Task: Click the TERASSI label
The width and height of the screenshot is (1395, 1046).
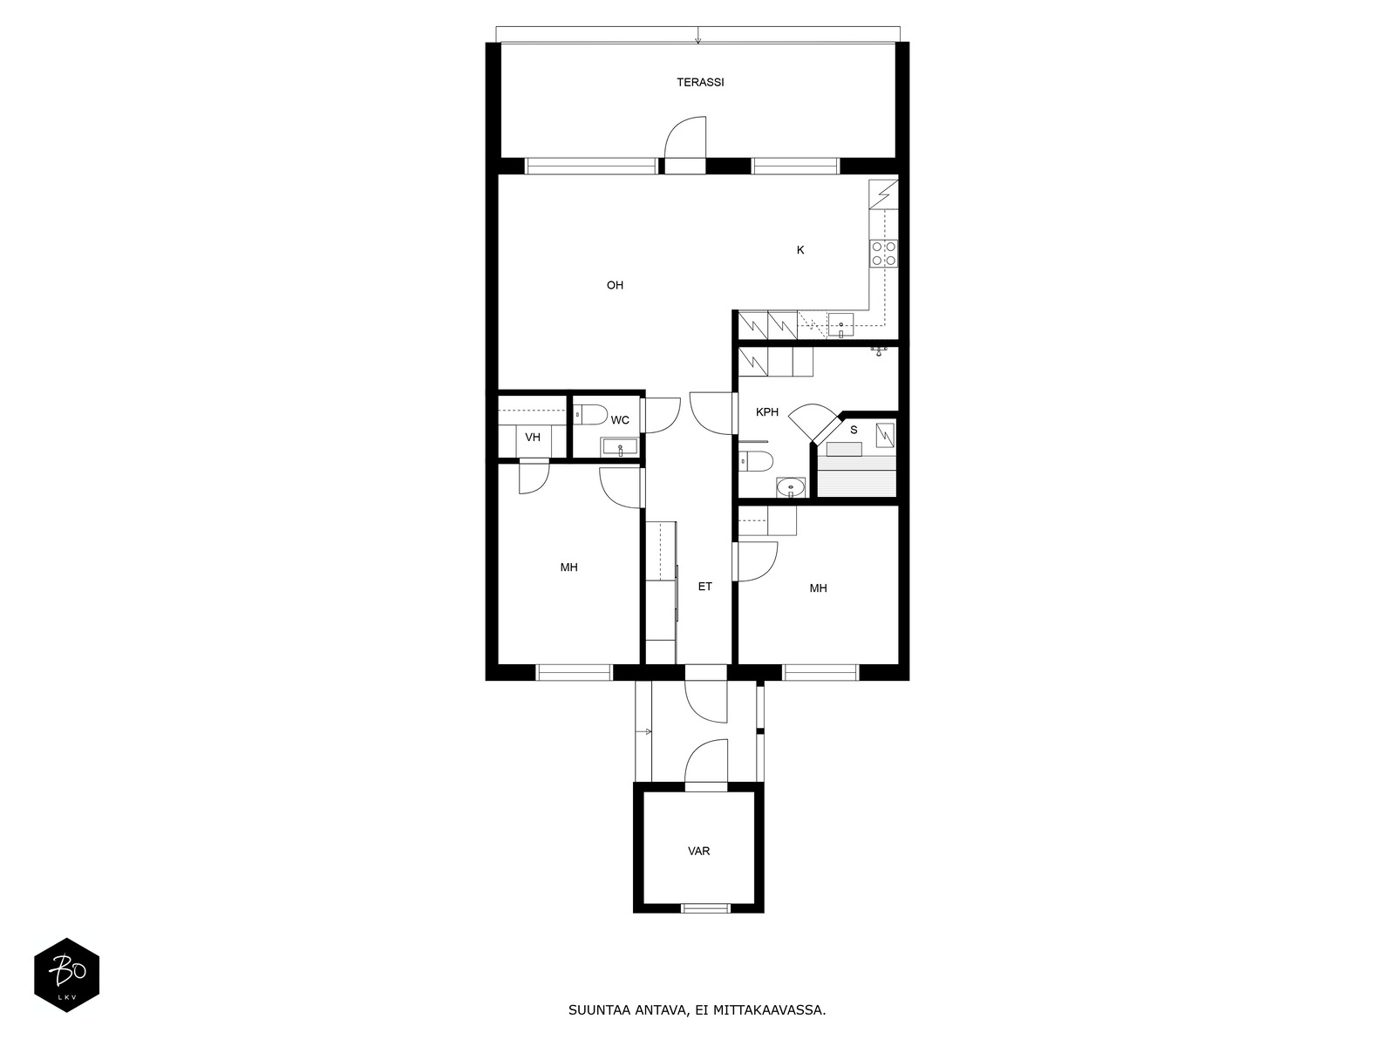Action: click(x=700, y=83)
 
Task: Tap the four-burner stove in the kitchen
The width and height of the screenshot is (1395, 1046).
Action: click(x=884, y=253)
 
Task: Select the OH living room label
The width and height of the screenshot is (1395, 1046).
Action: click(x=615, y=285)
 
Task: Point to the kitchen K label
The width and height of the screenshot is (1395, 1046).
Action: click(x=800, y=250)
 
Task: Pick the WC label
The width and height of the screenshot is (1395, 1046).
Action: click(x=620, y=420)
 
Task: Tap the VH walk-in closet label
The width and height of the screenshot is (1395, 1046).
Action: click(x=533, y=438)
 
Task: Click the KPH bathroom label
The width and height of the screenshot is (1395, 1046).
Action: click(x=767, y=412)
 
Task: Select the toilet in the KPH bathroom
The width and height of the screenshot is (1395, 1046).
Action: click(x=755, y=461)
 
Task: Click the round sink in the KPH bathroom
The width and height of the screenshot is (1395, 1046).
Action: click(x=791, y=488)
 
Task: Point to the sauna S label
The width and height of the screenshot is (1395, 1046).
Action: click(x=854, y=430)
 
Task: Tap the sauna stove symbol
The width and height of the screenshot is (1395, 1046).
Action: click(x=885, y=434)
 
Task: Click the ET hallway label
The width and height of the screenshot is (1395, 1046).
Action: click(x=704, y=587)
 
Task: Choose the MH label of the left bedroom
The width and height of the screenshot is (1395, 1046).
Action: click(x=568, y=567)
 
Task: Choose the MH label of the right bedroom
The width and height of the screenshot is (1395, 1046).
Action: click(x=818, y=588)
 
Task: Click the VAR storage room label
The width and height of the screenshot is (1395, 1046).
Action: click(x=698, y=851)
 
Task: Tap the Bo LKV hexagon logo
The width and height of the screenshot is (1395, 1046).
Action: click(x=67, y=975)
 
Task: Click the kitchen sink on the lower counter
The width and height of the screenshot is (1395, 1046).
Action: click(x=840, y=325)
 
